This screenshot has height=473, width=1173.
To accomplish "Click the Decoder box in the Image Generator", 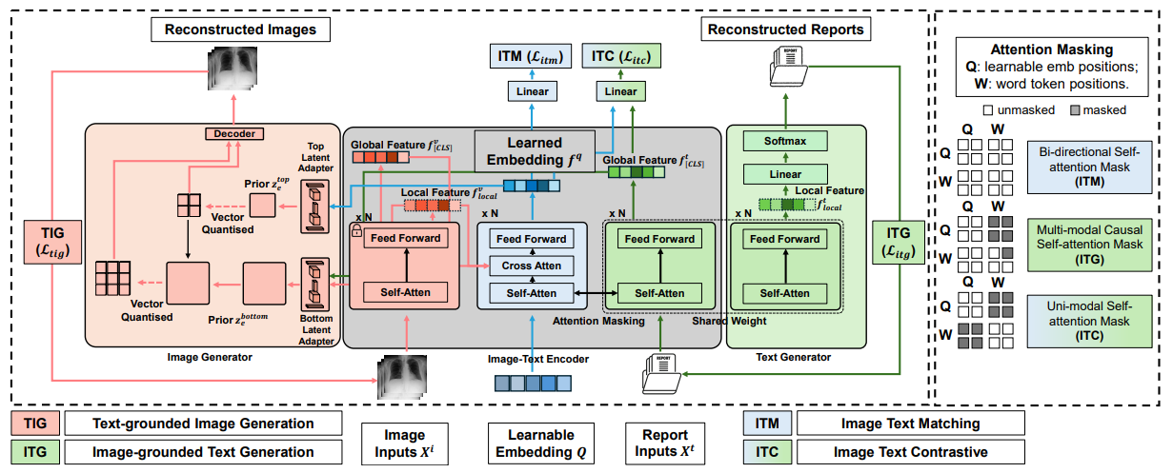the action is [x=234, y=134].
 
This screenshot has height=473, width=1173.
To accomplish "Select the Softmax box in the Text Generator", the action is [x=785, y=141].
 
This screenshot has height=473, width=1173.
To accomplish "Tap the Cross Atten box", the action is [x=531, y=266].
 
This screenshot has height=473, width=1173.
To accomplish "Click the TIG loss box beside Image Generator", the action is [x=52, y=243].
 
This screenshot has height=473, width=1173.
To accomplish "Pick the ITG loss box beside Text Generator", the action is [x=898, y=243].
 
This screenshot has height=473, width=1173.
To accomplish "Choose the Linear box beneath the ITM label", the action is [x=532, y=91].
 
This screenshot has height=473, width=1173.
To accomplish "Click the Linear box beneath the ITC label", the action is [x=620, y=91].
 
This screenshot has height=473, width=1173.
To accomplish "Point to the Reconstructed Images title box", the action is [x=240, y=30].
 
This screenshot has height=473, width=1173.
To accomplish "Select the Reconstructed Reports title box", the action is [x=785, y=30].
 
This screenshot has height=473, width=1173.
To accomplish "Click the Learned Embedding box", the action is [x=535, y=151].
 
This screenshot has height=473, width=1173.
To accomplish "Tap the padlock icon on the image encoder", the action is [x=356, y=230].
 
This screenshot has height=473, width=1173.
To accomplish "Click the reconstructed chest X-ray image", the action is [x=233, y=69].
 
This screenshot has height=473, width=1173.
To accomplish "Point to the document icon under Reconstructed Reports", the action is [x=789, y=67].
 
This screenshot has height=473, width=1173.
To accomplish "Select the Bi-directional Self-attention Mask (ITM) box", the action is [x=1089, y=167].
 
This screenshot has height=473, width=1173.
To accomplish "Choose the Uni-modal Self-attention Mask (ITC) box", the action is [x=1089, y=322].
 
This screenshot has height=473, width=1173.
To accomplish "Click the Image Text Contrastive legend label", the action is [x=911, y=452].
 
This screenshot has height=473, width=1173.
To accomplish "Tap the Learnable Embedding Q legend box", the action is [x=541, y=443].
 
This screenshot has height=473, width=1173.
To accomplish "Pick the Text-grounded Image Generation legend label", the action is [x=203, y=424].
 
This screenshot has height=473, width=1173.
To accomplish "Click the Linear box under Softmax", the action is [x=785, y=174].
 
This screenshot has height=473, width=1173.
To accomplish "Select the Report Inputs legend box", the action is [x=665, y=443].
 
